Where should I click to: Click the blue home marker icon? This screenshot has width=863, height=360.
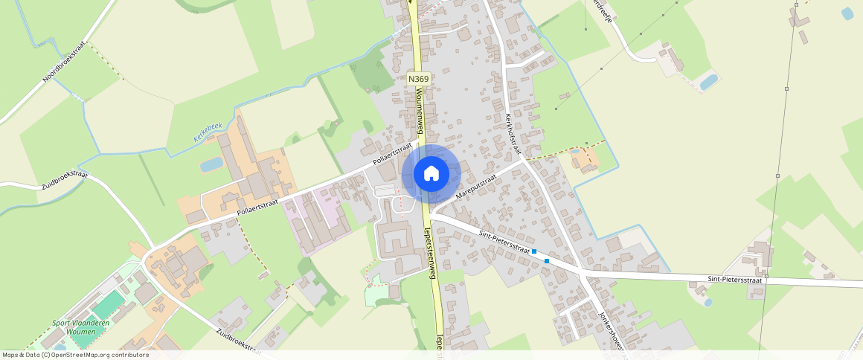click(431, 173)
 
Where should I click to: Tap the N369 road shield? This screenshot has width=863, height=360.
click(419, 77)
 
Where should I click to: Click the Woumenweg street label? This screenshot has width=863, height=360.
click(420, 109)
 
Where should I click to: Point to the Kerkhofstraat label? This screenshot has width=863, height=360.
click(512, 134)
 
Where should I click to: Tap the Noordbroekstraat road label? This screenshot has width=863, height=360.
click(65, 61)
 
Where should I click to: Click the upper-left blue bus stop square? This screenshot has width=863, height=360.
click(534, 251)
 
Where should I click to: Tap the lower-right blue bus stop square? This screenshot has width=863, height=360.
click(547, 260)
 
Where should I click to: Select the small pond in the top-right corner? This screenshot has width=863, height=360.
click(847, 13)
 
